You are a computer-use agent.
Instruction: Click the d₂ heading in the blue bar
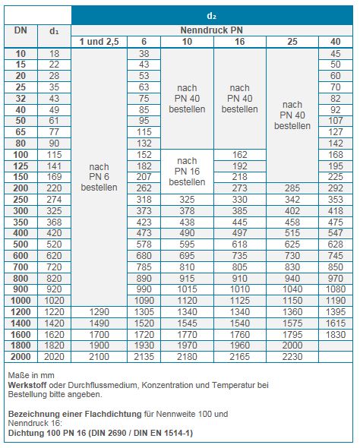click(x=211, y=16)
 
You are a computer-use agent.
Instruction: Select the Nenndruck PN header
click(x=211, y=30)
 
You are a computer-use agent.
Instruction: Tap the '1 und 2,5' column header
click(x=99, y=42)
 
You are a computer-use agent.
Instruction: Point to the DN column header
click(x=21, y=30)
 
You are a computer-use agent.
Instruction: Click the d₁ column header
click(x=54, y=31)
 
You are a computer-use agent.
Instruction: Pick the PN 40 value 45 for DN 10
click(x=336, y=53)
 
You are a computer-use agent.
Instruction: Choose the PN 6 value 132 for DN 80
click(x=144, y=144)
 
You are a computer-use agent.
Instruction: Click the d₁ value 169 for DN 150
click(x=54, y=177)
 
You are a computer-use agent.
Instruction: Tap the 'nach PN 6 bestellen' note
click(x=99, y=177)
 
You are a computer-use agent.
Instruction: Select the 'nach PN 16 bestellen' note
click(x=187, y=171)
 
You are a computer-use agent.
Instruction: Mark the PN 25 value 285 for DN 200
click(x=292, y=188)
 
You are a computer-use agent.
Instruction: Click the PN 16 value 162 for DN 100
click(x=239, y=155)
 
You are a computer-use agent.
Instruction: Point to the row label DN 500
click(x=21, y=245)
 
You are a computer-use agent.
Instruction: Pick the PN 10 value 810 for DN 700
click(x=187, y=267)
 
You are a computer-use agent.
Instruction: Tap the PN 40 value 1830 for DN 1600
click(x=336, y=334)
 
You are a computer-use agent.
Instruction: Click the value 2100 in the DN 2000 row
click(x=99, y=357)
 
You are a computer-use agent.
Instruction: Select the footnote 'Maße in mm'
click(x=31, y=375)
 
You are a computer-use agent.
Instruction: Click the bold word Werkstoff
click(x=27, y=385)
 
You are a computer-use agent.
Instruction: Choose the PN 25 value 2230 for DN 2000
click(x=292, y=357)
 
